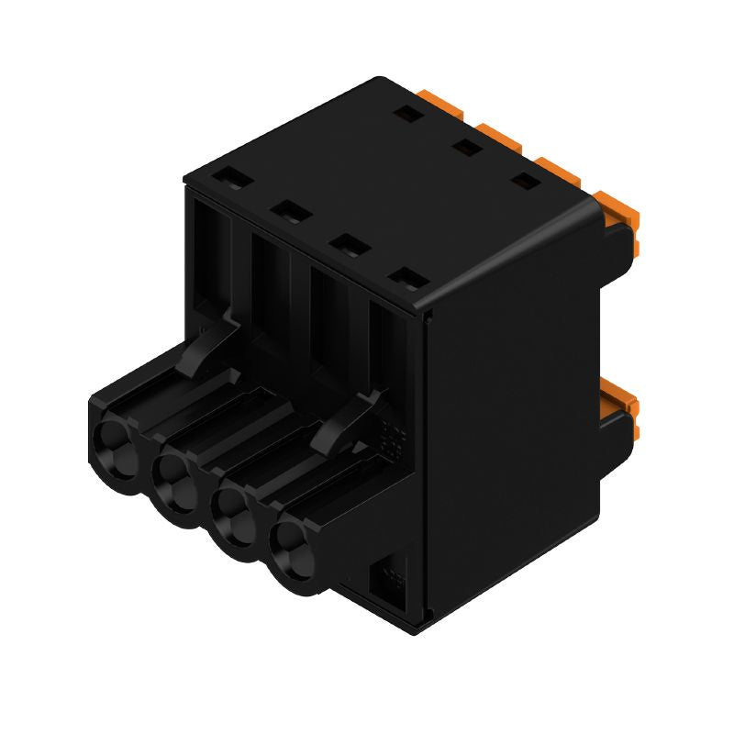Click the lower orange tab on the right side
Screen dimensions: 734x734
(x=620, y=399)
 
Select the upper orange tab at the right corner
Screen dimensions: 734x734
(x=619, y=208)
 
